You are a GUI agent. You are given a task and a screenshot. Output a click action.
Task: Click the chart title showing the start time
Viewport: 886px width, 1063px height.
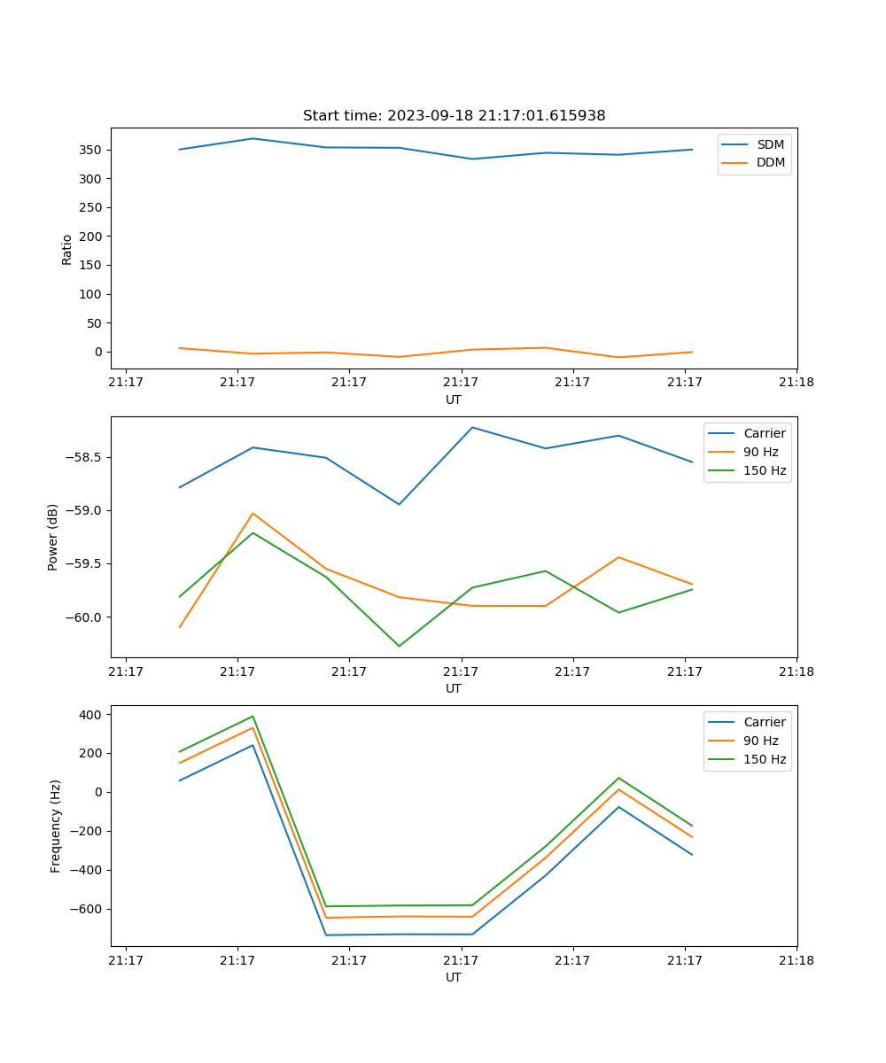(454, 116)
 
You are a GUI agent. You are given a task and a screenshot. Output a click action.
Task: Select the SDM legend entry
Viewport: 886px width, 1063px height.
(770, 144)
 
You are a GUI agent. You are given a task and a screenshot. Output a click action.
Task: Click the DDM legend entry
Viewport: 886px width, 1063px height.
(770, 162)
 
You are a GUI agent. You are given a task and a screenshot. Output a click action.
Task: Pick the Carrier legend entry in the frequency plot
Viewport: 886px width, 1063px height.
(764, 722)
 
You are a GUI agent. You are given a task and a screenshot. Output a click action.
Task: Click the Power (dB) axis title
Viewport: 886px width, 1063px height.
(53, 537)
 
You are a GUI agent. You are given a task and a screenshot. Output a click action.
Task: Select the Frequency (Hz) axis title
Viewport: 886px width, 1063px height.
(56, 826)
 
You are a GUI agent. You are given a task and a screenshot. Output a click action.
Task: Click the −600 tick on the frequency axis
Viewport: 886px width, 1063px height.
(84, 909)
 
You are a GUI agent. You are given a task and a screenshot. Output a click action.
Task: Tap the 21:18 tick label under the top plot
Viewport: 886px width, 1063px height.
(796, 383)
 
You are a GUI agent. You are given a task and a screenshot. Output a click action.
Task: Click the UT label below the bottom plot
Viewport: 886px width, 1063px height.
(454, 977)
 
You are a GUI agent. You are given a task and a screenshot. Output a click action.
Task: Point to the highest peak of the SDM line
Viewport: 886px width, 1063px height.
(253, 138)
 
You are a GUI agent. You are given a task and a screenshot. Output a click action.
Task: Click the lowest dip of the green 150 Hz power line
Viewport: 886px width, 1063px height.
(399, 646)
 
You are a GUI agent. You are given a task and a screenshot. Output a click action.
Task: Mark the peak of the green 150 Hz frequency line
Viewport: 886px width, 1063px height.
(253, 717)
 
